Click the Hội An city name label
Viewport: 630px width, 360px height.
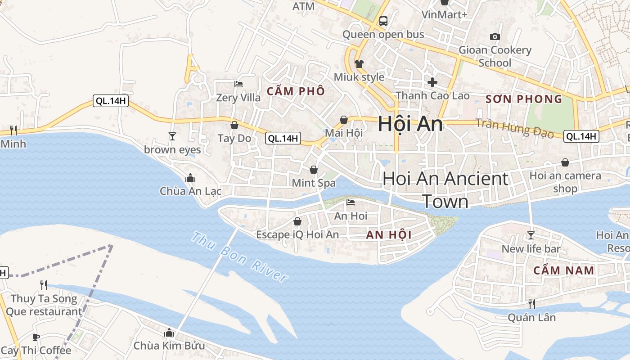[x=410, y=124]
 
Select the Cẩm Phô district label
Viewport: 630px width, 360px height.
[x=296, y=91]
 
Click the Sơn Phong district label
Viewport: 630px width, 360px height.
[x=524, y=99]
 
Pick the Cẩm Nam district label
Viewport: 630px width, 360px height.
[x=564, y=270]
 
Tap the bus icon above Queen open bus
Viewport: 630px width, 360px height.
[x=383, y=21]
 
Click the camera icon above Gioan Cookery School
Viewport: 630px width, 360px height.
[x=495, y=36]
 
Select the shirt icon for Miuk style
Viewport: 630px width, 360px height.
[x=359, y=64]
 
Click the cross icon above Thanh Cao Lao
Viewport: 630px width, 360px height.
[x=432, y=82]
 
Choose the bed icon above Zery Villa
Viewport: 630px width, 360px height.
[x=238, y=84]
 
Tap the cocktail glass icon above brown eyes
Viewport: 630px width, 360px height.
[x=172, y=136]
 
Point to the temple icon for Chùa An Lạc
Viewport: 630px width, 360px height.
[x=190, y=178]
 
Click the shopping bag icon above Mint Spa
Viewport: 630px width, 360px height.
[x=313, y=170]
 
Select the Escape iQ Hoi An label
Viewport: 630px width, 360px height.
[x=297, y=234]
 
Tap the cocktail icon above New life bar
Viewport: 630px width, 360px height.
[x=531, y=235]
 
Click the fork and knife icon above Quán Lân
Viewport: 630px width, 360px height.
[x=531, y=304]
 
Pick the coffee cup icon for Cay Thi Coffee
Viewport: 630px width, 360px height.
[x=36, y=337]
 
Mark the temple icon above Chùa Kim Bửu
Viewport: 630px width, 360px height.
[x=169, y=333]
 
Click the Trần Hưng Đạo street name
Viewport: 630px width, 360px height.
[x=514, y=128]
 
